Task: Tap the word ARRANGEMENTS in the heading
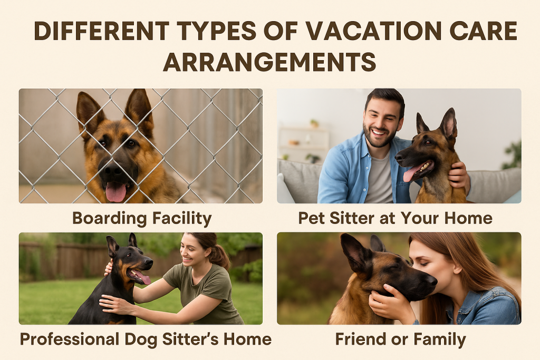click(269, 62)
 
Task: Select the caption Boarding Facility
click(141, 218)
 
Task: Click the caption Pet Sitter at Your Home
click(395, 218)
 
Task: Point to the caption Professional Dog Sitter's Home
click(146, 339)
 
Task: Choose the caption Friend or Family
click(400, 339)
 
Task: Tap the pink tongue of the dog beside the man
click(411, 173)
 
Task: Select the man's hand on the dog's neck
click(459, 174)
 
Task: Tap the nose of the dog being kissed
click(430, 281)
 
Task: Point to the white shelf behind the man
click(304, 142)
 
